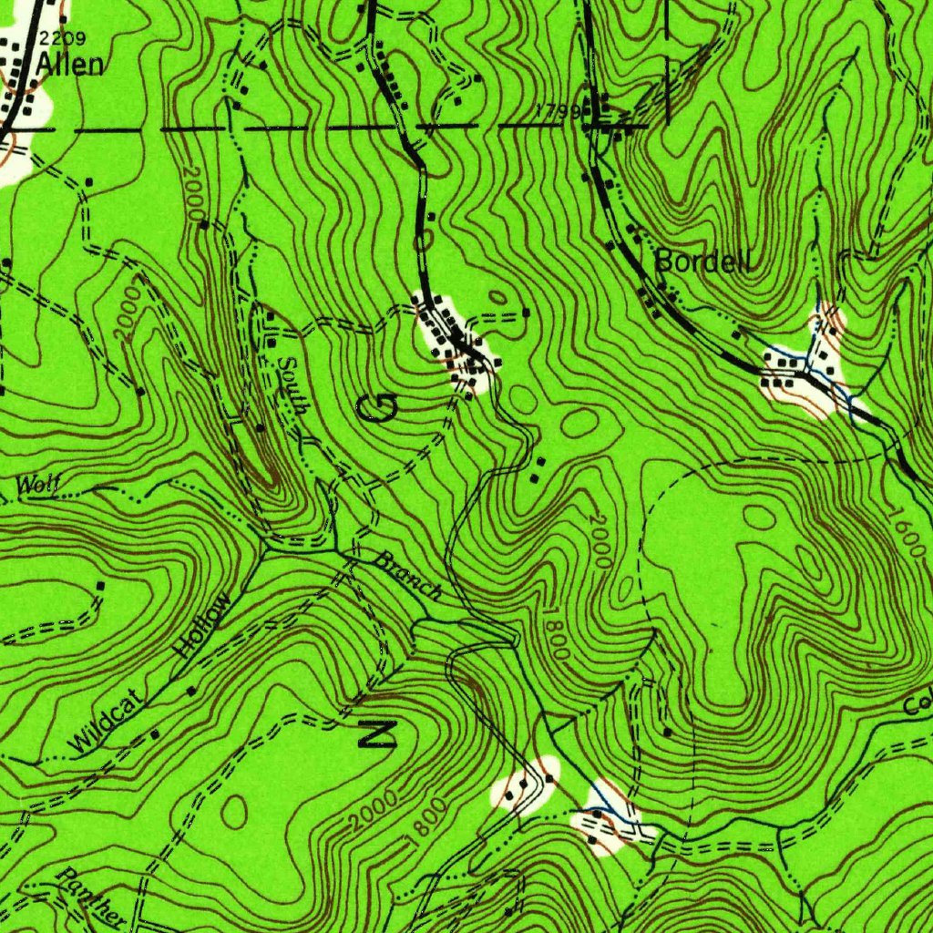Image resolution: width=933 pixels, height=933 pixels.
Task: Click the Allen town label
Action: pyautogui.click(x=70, y=65)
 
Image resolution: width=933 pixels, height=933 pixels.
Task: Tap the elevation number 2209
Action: pyautogui.click(x=62, y=38)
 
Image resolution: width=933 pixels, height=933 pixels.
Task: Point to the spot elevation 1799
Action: pyautogui.click(x=558, y=110)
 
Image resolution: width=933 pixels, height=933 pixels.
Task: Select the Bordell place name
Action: pyautogui.click(x=703, y=262)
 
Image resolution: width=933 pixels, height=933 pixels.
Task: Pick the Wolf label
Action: pyautogui.click(x=38, y=486)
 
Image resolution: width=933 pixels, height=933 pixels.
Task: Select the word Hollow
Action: pyautogui.click(x=202, y=627)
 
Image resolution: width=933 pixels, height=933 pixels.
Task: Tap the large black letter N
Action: pyautogui.click(x=376, y=733)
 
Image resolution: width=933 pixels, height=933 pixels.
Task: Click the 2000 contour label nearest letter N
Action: pyautogui.click(x=372, y=809)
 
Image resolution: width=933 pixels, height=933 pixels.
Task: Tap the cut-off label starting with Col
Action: pyautogui.click(x=918, y=704)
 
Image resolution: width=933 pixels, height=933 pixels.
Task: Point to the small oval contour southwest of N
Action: pyautogui.click(x=234, y=810)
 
